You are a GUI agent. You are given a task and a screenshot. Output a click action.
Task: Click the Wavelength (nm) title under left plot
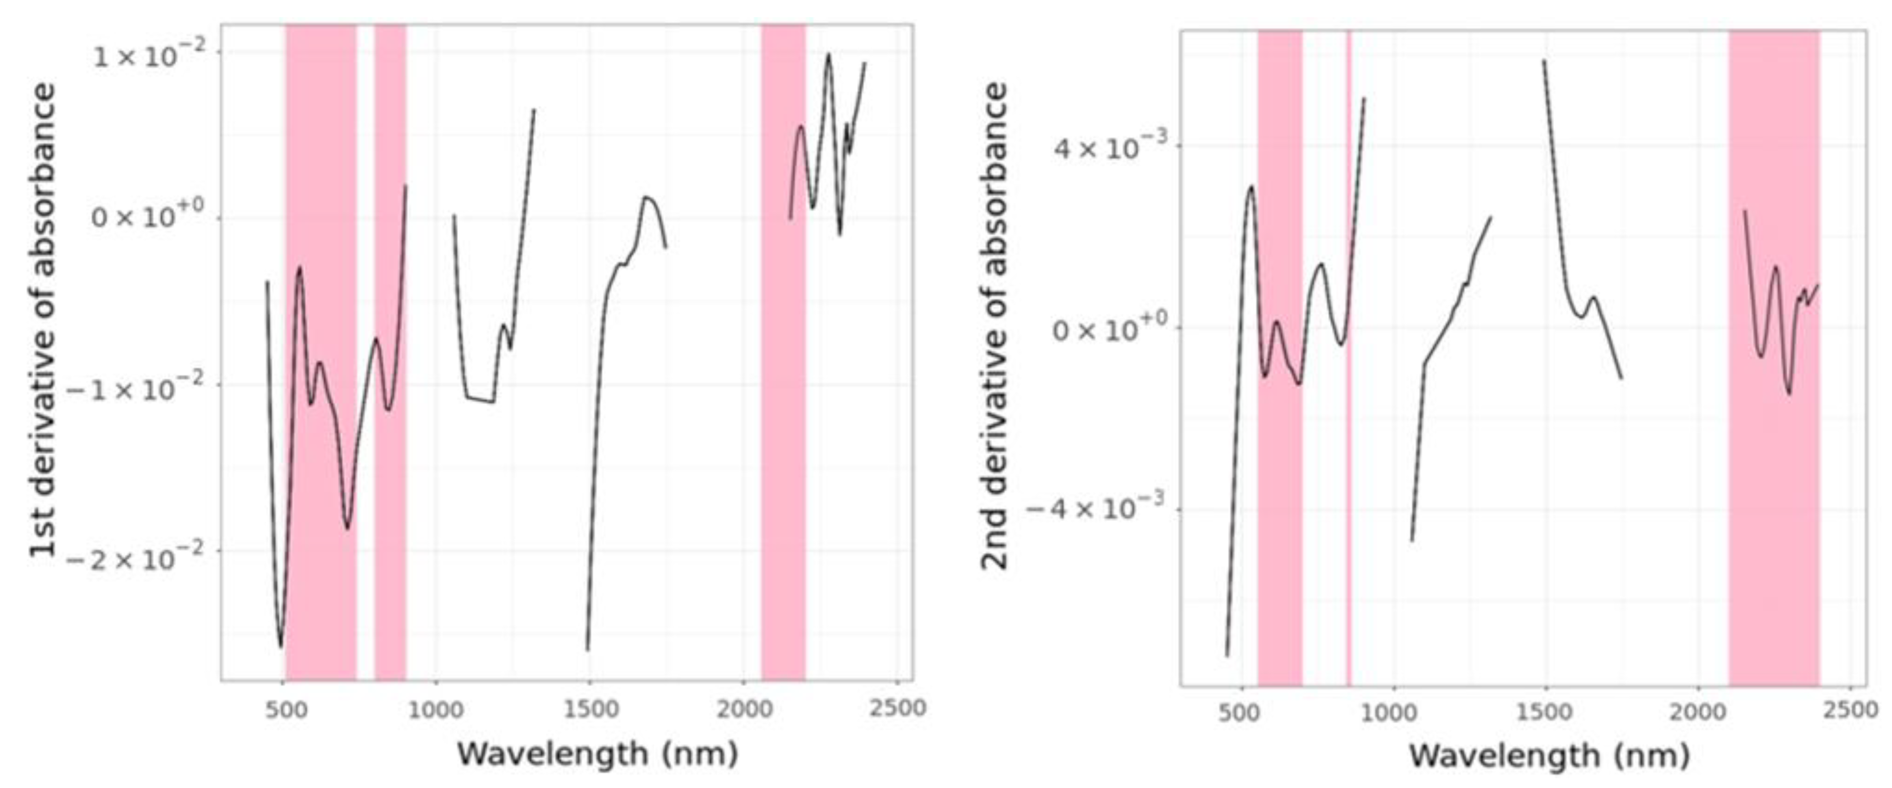tap(597, 754)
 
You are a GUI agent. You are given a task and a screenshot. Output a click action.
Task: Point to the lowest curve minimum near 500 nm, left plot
tap(280, 646)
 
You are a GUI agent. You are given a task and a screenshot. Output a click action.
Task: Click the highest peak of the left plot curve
tap(828, 54)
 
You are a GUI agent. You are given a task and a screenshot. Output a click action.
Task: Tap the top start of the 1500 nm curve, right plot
tap(1544, 61)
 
